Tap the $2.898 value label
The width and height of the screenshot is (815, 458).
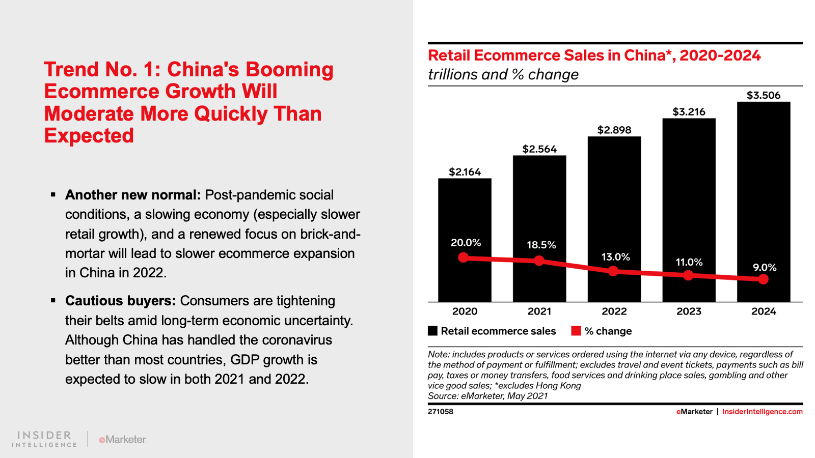(x=614, y=130)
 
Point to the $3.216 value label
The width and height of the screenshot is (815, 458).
(x=689, y=112)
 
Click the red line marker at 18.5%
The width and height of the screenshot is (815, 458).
(x=539, y=261)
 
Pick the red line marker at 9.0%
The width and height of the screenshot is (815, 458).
(x=763, y=279)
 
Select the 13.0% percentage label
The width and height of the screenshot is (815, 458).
(x=615, y=257)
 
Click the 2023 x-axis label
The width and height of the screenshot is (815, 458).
(x=689, y=311)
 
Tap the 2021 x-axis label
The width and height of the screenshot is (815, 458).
(x=539, y=311)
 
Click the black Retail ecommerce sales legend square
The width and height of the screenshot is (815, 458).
(x=433, y=331)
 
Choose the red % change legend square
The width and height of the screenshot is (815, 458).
(x=576, y=331)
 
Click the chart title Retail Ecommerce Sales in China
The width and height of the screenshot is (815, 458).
(x=594, y=55)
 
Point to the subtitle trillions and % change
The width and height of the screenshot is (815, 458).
(x=503, y=75)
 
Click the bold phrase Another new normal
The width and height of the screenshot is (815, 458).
(x=132, y=195)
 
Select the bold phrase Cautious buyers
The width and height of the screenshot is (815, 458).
(x=120, y=301)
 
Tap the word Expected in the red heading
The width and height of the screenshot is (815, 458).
(x=89, y=136)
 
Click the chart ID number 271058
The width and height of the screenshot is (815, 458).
(x=441, y=412)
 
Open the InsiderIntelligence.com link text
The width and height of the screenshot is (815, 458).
(x=762, y=412)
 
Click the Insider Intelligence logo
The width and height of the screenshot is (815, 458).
(x=44, y=439)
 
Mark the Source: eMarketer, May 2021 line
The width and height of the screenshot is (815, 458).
(x=487, y=396)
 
